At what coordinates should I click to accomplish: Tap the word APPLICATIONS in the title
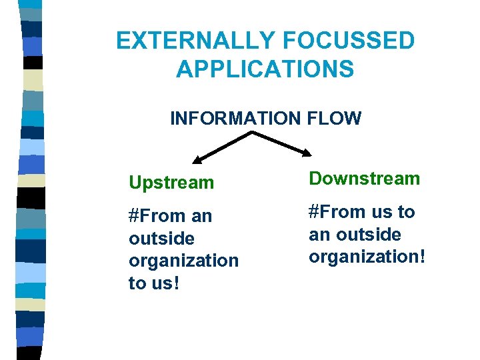click(265, 69)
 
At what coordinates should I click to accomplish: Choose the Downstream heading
click(364, 178)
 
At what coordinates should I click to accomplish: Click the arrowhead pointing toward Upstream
click(197, 159)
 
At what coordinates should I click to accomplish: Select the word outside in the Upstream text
click(161, 238)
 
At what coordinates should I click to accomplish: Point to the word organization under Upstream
click(183, 261)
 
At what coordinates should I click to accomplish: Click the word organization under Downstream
click(362, 257)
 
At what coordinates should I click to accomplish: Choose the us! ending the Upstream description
click(163, 283)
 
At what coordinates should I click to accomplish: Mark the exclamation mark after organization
click(420, 256)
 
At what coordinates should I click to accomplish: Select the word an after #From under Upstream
click(201, 216)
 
